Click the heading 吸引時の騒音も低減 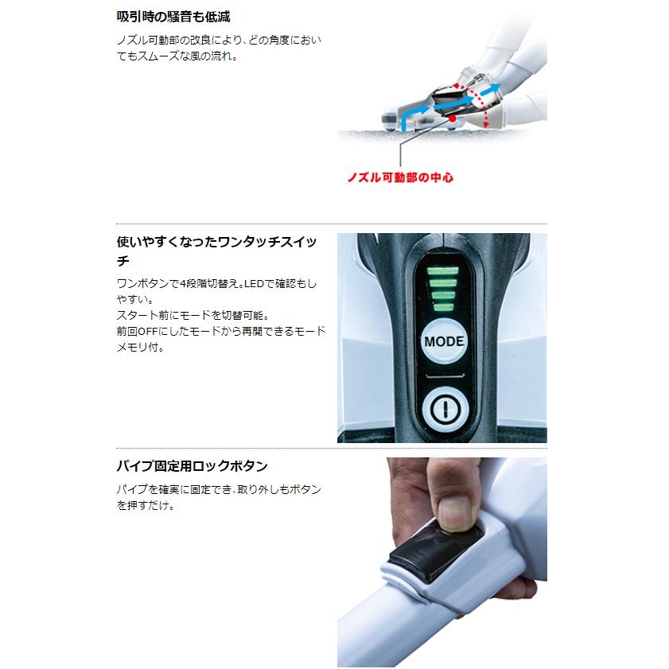click(x=173, y=17)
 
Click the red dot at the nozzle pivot click(x=453, y=119)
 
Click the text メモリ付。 click(x=140, y=348)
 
